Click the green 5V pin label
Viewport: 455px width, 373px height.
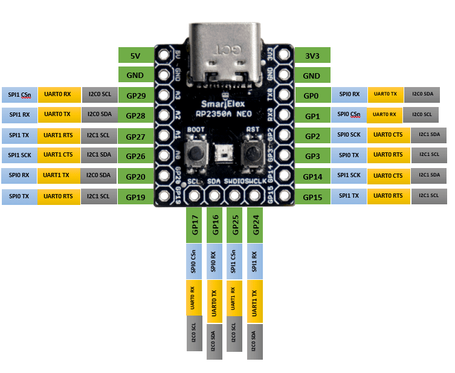click(x=135, y=56)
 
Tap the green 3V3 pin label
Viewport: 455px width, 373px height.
click(x=311, y=56)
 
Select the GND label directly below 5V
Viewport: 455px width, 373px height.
click(x=135, y=76)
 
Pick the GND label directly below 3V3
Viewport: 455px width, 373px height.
click(x=311, y=76)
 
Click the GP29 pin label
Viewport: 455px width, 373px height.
click(x=135, y=96)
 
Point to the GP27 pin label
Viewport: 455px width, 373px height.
click(x=135, y=137)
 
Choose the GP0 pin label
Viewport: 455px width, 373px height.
click(x=311, y=96)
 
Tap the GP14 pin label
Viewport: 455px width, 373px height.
click(x=312, y=177)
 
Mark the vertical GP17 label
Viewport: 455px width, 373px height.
click(x=195, y=225)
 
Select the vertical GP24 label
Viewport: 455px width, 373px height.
click(x=256, y=225)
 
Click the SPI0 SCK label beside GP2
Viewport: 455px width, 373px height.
click(x=349, y=134)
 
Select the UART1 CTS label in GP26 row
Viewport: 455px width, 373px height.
click(x=57, y=155)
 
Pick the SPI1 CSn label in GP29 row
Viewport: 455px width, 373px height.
click(x=19, y=94)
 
